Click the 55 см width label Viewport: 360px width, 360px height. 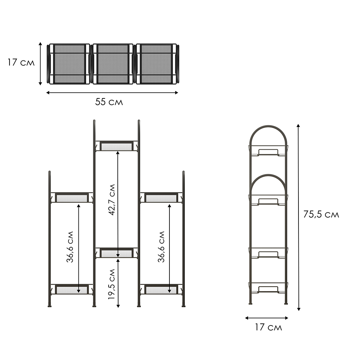[109, 102]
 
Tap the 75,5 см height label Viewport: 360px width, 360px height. [321, 214]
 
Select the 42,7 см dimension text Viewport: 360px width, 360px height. [112, 200]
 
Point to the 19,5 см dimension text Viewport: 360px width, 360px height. [112, 284]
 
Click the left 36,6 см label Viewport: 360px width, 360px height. [70, 247]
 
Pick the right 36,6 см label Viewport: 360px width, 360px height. [161, 247]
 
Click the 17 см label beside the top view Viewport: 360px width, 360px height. [21, 63]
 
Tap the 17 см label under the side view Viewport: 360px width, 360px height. [268, 327]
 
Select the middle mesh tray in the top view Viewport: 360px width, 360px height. [113, 64]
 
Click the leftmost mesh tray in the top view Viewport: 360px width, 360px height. [69, 64]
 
